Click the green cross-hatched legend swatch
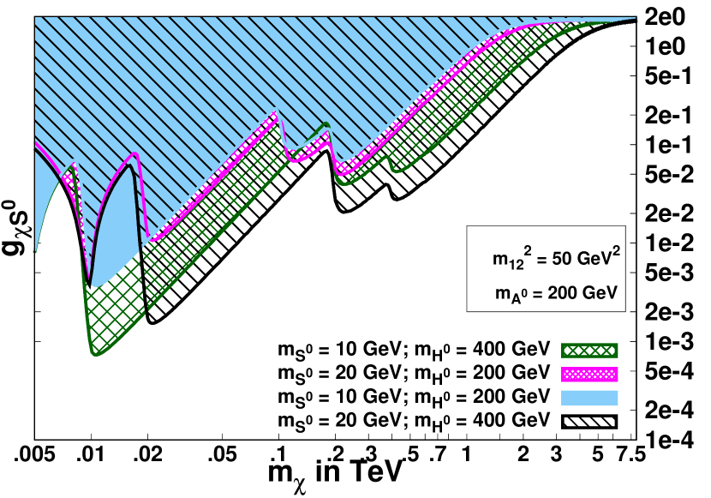click(x=589, y=350)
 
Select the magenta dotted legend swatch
click(x=589, y=375)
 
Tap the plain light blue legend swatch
click(x=589, y=398)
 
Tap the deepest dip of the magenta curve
click(x=90, y=279)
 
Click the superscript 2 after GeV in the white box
click(x=615, y=249)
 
